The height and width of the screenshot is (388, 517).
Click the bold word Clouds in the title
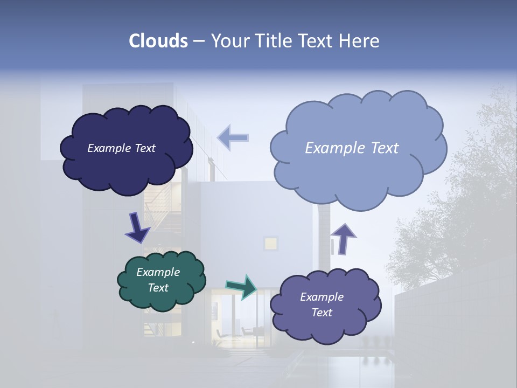[158, 41]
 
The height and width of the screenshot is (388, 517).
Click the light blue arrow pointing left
[233, 137]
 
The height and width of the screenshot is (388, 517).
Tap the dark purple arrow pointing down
[137, 228]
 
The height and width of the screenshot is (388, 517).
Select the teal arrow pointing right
[241, 287]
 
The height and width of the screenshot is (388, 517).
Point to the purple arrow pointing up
[343, 239]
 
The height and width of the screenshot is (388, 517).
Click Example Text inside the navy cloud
[121, 148]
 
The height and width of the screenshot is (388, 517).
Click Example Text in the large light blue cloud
[352, 148]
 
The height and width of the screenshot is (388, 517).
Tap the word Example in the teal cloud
[158, 272]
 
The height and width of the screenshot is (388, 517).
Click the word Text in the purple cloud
[322, 313]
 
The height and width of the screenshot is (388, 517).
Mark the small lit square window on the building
[270, 243]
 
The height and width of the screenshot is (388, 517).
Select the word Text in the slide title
[315, 41]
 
